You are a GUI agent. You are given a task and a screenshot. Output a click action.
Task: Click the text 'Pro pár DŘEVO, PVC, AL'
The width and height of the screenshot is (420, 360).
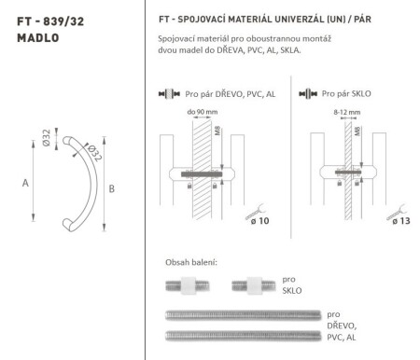220,94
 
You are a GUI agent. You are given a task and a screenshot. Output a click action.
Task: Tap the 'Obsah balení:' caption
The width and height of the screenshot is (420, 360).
190,261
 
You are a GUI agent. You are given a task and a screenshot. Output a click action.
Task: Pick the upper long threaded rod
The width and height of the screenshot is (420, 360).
242,313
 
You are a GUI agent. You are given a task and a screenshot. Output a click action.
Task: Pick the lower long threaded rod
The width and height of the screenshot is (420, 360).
242,333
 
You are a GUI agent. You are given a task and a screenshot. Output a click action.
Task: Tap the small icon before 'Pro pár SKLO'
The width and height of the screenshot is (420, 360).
304,94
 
